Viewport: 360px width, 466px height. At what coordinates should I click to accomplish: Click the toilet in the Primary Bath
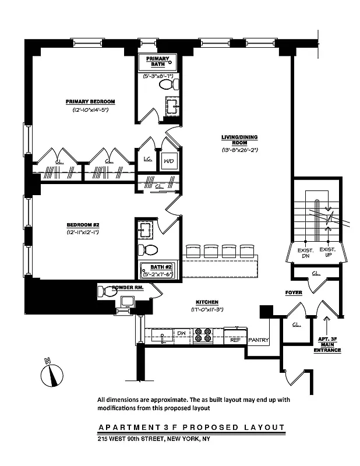tap(167, 85)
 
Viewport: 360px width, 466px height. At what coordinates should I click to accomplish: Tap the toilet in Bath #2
tap(148, 250)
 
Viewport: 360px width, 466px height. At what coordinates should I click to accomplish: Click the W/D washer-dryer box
tap(168, 160)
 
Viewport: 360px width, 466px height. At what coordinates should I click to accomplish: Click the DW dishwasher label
tap(181, 333)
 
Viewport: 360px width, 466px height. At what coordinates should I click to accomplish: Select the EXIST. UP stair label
tap(328, 252)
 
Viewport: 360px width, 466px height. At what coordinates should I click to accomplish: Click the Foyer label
tap(294, 292)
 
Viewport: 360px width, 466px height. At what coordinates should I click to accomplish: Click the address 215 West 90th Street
tap(153, 439)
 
